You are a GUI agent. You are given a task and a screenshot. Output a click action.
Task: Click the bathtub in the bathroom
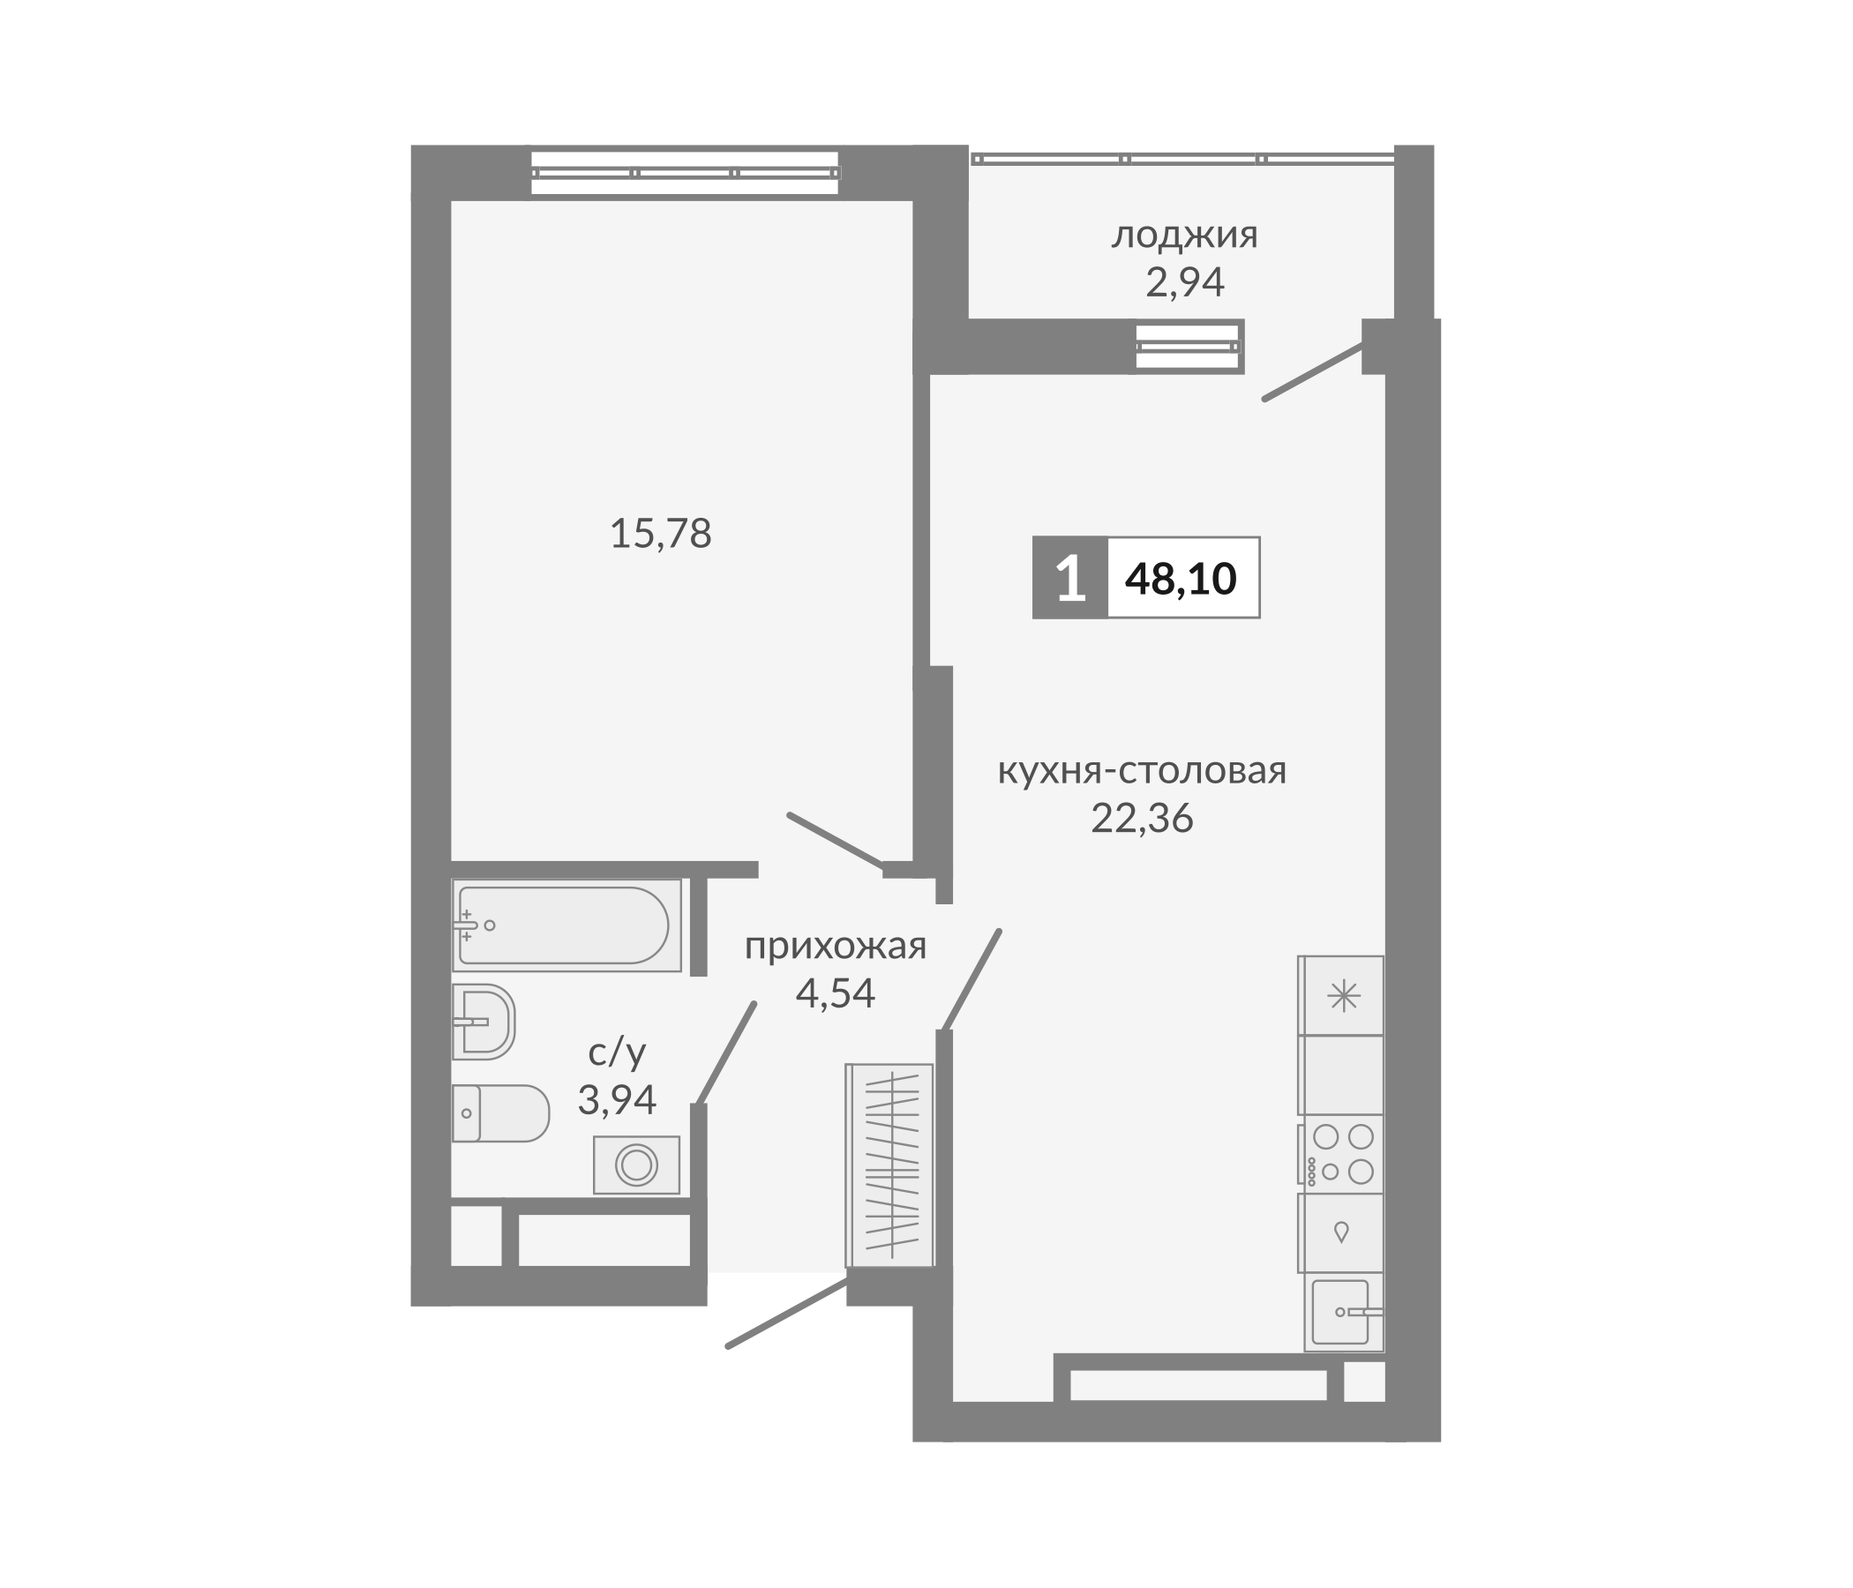point(566,925)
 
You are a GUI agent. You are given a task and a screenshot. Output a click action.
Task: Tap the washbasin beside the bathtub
point(483,1021)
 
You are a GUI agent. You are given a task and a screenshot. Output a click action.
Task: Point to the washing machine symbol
point(636,1165)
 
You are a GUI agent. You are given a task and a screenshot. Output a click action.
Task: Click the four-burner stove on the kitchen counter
point(1341,1153)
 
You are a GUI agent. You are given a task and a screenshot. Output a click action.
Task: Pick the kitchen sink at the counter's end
point(1341,1312)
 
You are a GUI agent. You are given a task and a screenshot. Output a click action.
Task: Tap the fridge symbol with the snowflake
point(1341,996)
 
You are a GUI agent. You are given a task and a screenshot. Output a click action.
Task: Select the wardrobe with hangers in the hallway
point(889,1165)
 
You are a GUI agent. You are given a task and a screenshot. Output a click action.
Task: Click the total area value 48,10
point(1181,579)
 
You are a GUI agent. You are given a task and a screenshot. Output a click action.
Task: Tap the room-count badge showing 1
point(1070,579)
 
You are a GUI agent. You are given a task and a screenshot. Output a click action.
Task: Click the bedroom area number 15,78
point(660,534)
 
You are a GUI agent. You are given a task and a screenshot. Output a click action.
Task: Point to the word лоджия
point(1184,236)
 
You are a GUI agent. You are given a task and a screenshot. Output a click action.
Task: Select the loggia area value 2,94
point(1184,282)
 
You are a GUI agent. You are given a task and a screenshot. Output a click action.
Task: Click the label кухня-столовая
point(1142,770)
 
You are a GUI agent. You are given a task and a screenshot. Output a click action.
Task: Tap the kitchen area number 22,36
point(1142,818)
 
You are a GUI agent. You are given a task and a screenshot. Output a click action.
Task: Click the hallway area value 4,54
point(836,993)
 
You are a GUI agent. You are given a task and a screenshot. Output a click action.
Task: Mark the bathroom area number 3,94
point(617,1100)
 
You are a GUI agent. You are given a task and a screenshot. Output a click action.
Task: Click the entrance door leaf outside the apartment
point(787,1314)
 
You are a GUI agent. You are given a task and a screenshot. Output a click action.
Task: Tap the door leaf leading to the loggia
point(1313,372)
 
